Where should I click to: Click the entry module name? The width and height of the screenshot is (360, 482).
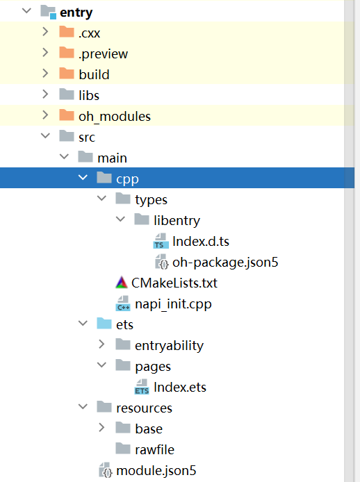pos(76,12)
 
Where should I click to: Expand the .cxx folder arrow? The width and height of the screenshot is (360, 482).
pos(45,33)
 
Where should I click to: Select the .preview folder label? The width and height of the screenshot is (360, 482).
pos(103,53)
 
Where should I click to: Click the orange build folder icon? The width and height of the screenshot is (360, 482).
pos(67,74)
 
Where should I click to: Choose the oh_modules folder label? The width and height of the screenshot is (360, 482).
pos(115,116)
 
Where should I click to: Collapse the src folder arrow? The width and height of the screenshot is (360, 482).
pos(45,137)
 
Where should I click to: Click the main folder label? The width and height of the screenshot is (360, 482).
pos(112,158)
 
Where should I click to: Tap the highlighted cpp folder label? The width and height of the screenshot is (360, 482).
pos(127,178)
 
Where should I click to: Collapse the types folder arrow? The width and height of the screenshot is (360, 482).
pos(101,199)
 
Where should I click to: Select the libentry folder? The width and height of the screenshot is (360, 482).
pos(177,220)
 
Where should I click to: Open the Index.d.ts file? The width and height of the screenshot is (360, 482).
pos(201,241)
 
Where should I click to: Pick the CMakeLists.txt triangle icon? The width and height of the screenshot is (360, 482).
pos(121,283)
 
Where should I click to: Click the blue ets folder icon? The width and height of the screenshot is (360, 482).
pos(104,324)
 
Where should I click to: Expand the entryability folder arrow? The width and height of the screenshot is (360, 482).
pos(101,345)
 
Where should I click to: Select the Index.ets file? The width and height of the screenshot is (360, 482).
pos(179,387)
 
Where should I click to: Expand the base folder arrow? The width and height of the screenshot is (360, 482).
pos(101,429)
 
